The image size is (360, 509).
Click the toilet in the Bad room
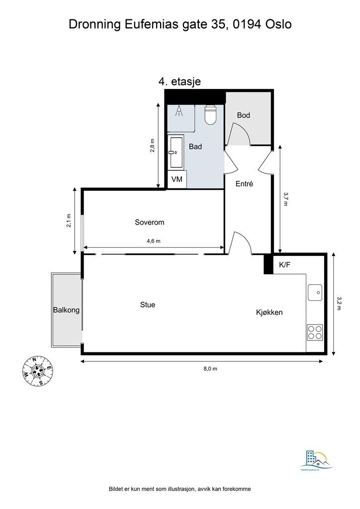[x=211, y=115]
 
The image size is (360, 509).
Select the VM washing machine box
[x=177, y=179]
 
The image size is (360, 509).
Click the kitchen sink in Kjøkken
[x=315, y=292]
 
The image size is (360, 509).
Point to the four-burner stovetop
[x=314, y=332]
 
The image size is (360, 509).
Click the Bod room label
[x=243, y=115]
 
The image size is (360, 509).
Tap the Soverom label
[x=149, y=222]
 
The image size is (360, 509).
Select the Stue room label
[x=148, y=304]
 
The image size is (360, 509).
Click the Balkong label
[x=66, y=310]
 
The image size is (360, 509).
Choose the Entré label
[x=245, y=183]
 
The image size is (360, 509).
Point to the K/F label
[x=285, y=265]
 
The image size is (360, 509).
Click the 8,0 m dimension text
[x=210, y=368]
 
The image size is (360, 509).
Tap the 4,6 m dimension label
[x=153, y=241]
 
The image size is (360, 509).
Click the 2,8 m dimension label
[x=153, y=147]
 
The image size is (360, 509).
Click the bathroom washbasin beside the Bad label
[x=176, y=153]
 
